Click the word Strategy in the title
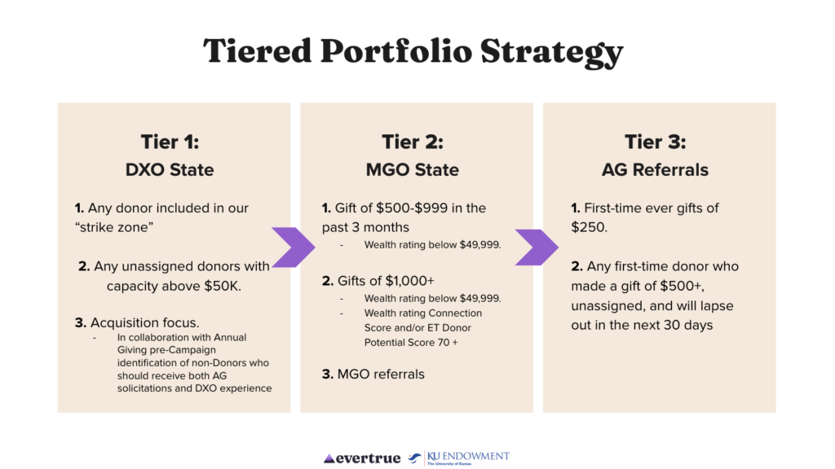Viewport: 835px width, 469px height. click(551, 52)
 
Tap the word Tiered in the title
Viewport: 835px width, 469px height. click(257, 51)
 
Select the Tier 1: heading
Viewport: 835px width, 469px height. click(170, 142)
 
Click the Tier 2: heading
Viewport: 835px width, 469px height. click(413, 142)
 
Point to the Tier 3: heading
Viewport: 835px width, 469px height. click(656, 142)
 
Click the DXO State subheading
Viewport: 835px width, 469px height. click(170, 169)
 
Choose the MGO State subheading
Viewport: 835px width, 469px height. click(413, 169)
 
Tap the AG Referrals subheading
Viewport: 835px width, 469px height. click(656, 169)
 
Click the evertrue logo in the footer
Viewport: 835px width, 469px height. click(362, 458)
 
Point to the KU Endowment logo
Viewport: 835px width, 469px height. click(459, 458)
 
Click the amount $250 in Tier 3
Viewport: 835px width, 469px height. click(588, 228)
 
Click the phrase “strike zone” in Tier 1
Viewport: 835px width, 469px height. click(114, 228)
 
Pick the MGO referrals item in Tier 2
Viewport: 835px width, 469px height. click(381, 375)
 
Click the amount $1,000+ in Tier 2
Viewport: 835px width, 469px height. click(410, 281)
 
